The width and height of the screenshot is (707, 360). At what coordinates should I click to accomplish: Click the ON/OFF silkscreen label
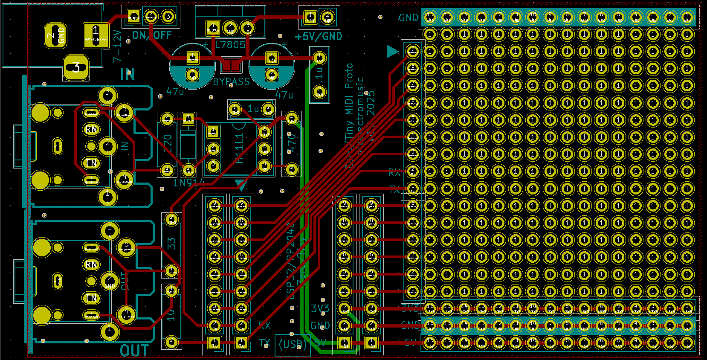point(152,35)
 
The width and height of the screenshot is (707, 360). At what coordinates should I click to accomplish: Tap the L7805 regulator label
point(230,45)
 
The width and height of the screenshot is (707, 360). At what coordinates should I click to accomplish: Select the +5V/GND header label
point(319,37)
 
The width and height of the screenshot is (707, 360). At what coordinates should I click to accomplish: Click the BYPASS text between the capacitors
point(231,81)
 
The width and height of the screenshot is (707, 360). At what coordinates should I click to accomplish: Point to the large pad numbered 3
point(76,67)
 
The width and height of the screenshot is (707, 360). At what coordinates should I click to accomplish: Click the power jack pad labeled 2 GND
point(56,36)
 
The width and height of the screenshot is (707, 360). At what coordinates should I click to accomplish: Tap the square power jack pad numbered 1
point(96,35)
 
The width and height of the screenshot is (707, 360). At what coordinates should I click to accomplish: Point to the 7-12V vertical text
point(118,46)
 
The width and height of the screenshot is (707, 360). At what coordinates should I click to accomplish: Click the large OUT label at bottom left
point(134,351)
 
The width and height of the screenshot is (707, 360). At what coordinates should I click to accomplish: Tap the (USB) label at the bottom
point(293,344)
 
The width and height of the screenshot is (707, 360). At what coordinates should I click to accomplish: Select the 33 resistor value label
point(171,244)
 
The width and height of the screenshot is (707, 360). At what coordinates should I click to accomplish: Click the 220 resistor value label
point(167,143)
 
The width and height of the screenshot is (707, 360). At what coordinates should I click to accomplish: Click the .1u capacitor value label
point(319,73)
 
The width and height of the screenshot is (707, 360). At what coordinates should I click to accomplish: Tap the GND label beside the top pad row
point(408,18)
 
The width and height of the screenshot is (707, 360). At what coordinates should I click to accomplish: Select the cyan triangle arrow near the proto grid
point(391,52)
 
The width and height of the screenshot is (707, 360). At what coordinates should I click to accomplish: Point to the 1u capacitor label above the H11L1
point(253,109)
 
